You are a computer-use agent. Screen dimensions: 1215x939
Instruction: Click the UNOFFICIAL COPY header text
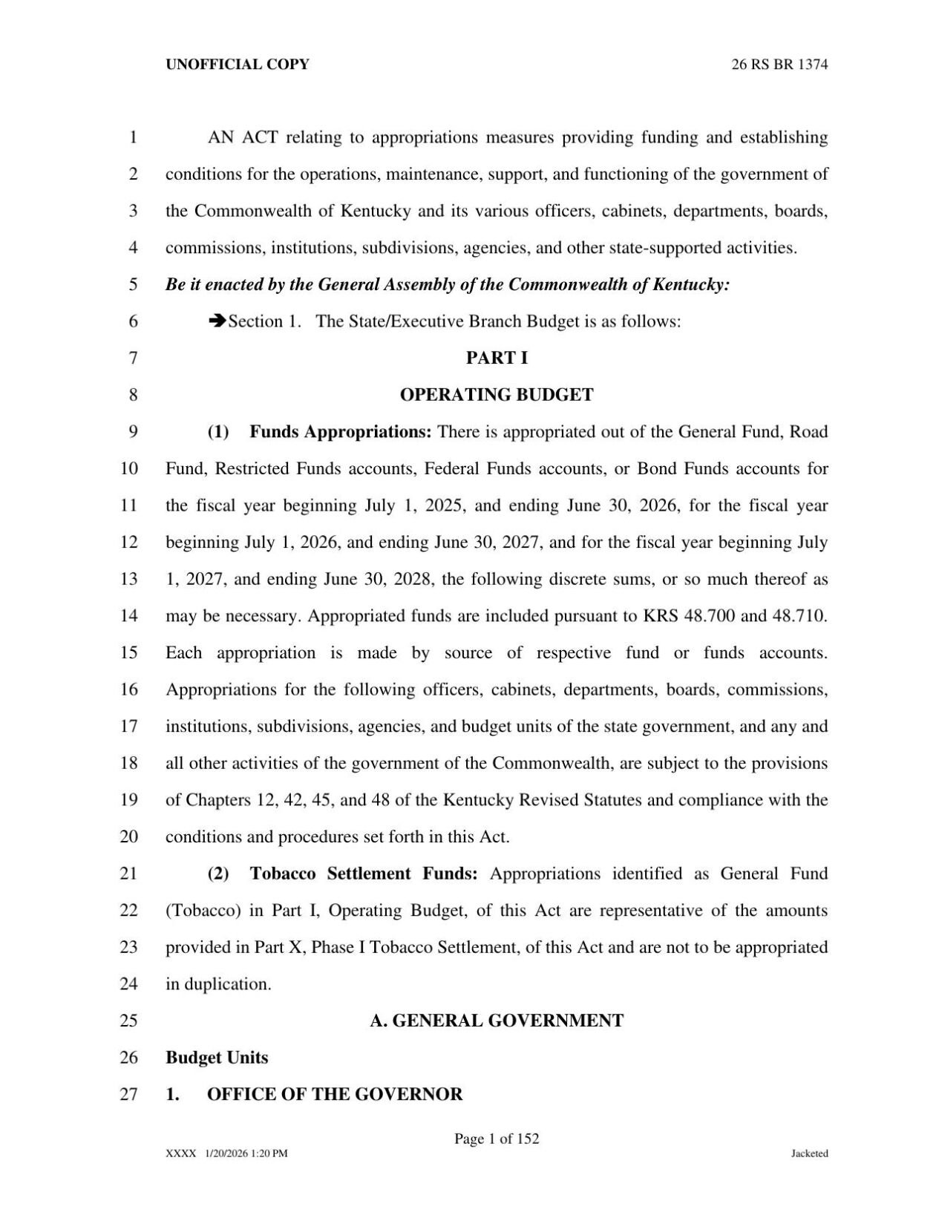237,65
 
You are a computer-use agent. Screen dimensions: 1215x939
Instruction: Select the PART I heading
497,358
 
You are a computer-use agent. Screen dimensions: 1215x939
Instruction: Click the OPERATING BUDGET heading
497,395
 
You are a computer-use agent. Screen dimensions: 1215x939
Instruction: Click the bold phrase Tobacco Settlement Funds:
364,874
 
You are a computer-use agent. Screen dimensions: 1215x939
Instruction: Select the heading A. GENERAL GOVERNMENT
497,1021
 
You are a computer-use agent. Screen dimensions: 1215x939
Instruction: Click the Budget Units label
217,1058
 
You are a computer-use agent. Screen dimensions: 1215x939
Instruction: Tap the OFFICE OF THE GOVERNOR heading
335,1095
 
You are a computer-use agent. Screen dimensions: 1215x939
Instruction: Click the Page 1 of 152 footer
497,1139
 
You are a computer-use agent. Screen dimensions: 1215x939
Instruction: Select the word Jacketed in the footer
809,1153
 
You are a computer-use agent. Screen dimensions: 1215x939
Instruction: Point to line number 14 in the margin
129,616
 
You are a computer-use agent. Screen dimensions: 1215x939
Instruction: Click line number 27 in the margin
129,1095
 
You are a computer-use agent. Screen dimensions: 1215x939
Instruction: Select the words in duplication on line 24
217,984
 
